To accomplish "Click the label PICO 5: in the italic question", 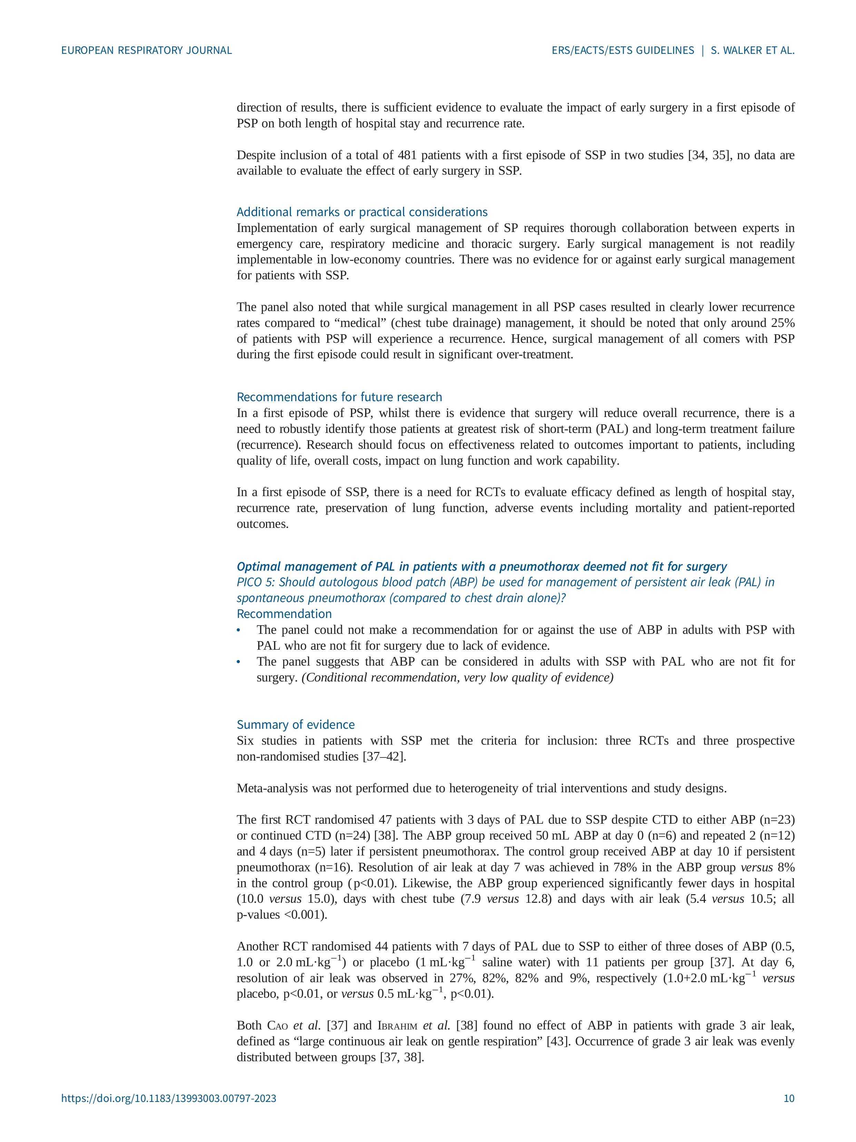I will [x=256, y=582].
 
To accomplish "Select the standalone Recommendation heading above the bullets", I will [x=284, y=614].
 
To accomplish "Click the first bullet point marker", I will [x=239, y=630].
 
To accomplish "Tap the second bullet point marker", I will [x=239, y=662].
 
